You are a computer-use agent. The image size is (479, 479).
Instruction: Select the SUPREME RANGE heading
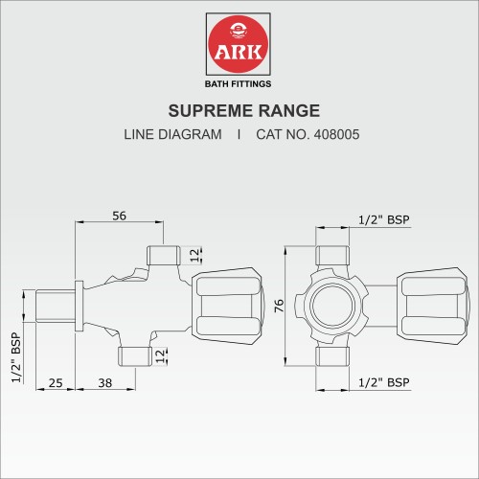239,111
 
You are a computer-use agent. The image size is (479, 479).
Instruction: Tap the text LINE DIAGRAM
172,135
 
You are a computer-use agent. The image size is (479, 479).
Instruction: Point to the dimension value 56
120,217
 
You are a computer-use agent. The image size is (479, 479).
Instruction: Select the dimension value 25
56,383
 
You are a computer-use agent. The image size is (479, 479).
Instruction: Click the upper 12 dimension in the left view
194,255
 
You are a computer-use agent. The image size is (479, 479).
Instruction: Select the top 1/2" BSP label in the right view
383,219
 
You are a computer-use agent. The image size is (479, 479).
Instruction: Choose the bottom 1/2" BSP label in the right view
383,382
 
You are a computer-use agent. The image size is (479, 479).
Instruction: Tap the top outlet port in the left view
163,255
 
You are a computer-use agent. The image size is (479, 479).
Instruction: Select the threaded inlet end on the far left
56,306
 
